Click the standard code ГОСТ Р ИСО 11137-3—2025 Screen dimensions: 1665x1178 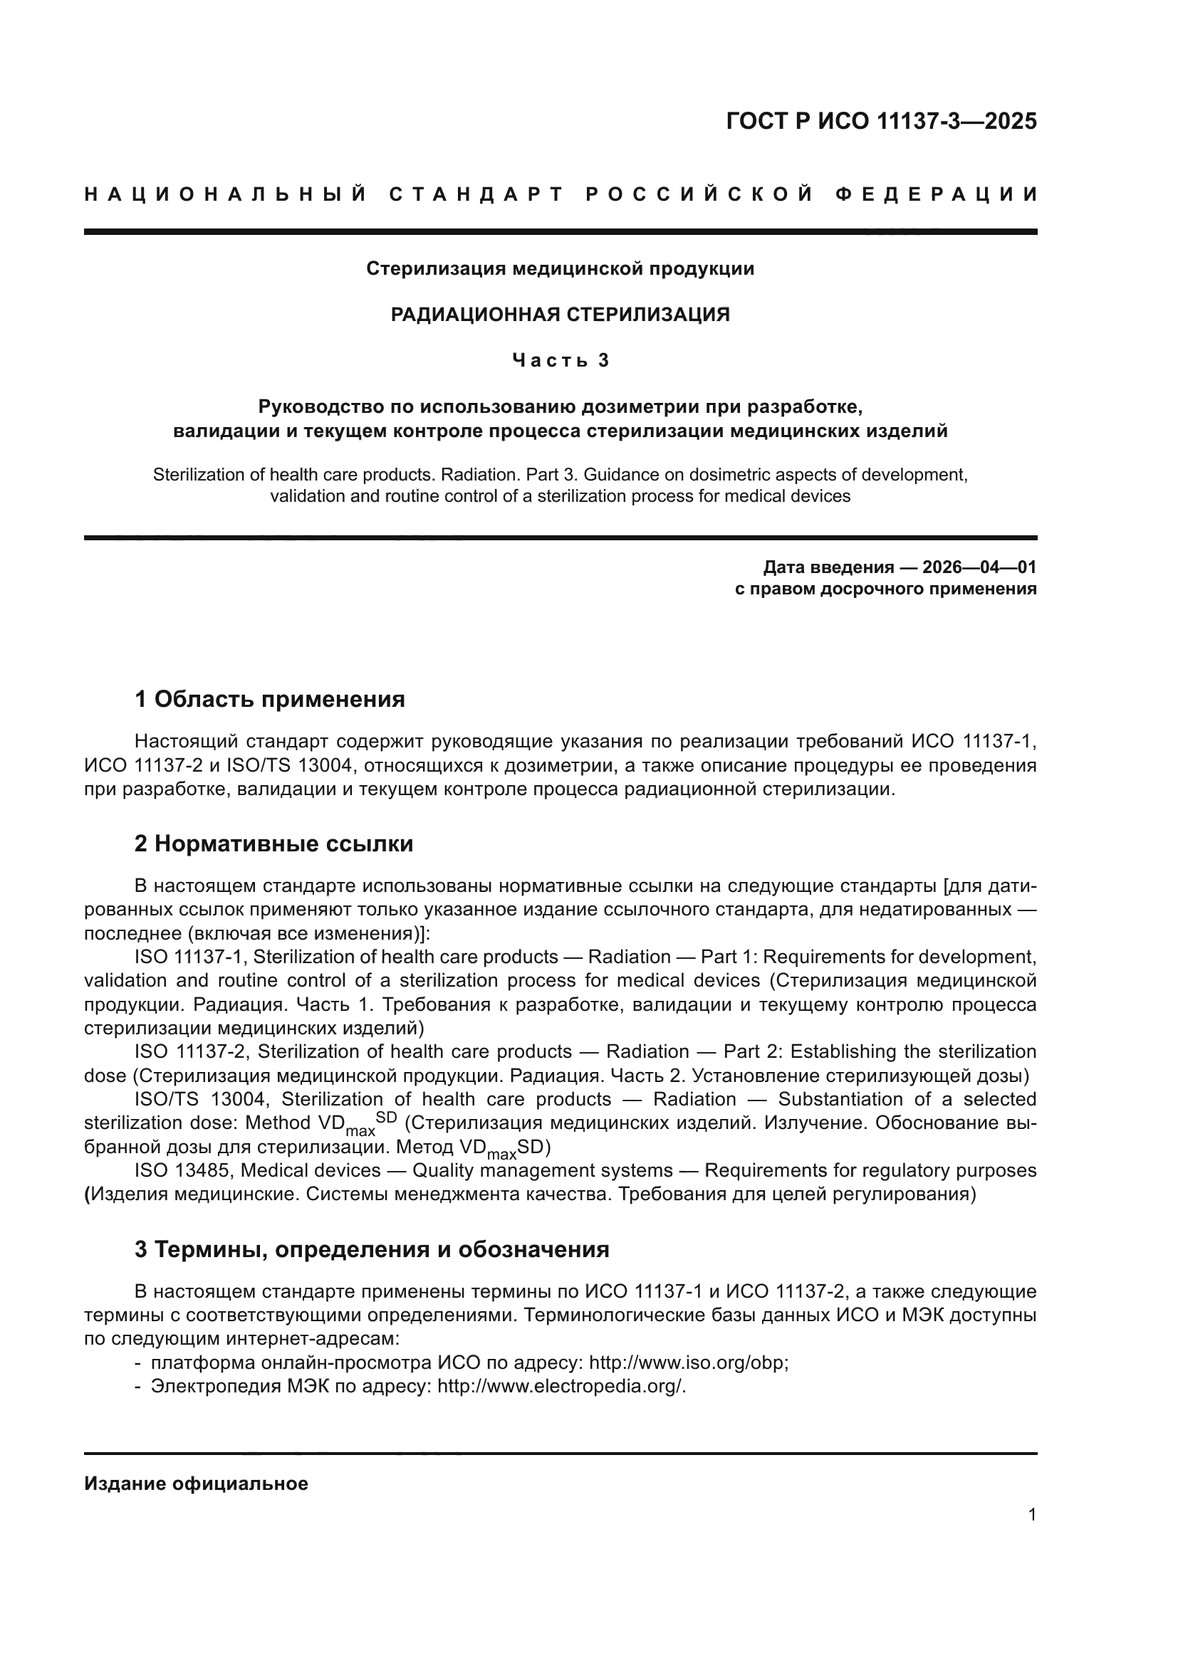tap(880, 121)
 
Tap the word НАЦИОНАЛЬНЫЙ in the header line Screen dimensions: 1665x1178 tap(226, 194)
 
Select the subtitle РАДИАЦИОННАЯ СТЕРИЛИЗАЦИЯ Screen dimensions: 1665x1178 tap(560, 314)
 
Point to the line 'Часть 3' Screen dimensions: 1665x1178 tap(560, 360)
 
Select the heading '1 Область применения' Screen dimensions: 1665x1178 tap(270, 700)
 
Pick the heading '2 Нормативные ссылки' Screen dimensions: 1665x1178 tap(274, 844)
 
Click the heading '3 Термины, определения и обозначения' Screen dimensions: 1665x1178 tap(371, 1249)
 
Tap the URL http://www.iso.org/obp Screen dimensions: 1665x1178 tap(688, 1362)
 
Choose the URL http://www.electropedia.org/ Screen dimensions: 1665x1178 tap(561, 1387)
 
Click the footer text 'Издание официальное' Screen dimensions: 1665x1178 tap(197, 1483)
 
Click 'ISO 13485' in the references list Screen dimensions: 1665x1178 tap(184, 1170)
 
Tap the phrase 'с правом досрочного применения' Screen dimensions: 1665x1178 tap(886, 589)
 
